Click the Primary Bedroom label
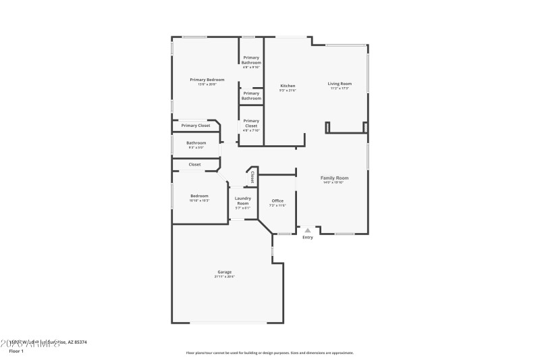[207, 80]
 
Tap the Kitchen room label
[288, 86]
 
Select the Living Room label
[340, 84]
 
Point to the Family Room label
[334, 178]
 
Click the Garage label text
[225, 272]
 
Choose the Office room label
[277, 201]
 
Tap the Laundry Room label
[242, 201]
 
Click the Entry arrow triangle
[308, 230]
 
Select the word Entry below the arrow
[308, 237]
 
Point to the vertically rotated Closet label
[252, 177]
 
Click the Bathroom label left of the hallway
[196, 143]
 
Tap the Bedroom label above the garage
[199, 196]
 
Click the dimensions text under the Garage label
[225, 277]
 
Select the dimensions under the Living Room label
[340, 88]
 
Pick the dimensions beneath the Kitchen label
[288, 91]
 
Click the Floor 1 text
[16, 351]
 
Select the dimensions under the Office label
[277, 205]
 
